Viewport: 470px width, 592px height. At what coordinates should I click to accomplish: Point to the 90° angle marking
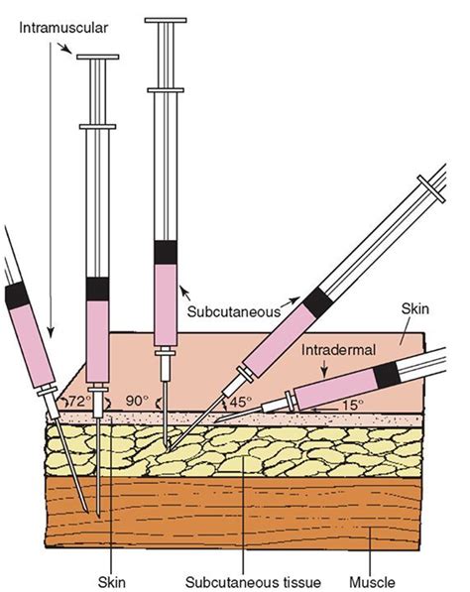pos(138,401)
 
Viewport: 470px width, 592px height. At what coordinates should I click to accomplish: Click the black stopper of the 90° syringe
pos(97,289)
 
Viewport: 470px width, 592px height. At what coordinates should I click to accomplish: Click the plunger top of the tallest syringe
pos(166,20)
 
